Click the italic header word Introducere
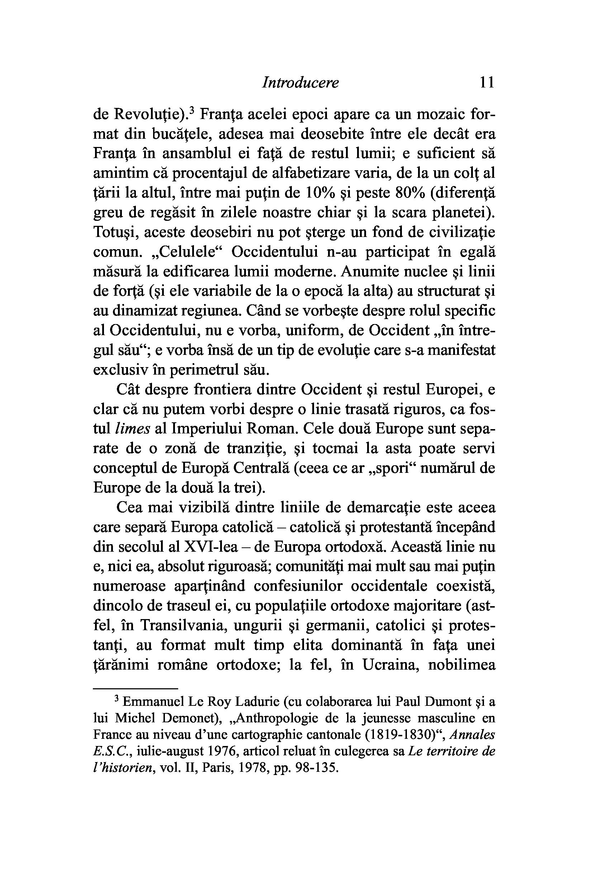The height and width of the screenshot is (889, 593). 300,83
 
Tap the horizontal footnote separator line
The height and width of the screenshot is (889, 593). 136,689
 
